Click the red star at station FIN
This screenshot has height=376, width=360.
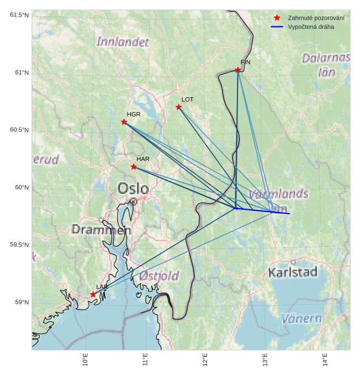click(238, 70)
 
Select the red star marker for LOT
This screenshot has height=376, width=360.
click(179, 107)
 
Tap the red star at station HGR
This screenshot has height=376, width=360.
click(124, 122)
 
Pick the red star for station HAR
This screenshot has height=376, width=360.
click(134, 166)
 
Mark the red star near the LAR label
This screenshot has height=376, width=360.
click(93, 294)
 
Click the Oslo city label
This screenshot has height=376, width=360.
click(133, 189)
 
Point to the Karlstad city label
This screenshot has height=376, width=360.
click(293, 272)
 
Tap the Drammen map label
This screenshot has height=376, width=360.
click(102, 229)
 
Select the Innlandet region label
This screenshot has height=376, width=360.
click(123, 41)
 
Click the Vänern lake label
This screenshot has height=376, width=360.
click(301, 318)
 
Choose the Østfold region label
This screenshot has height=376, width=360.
click(159, 276)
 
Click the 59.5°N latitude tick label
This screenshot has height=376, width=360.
click(20, 245)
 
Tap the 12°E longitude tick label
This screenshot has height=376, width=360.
click(205, 360)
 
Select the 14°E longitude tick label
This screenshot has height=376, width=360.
click(325, 360)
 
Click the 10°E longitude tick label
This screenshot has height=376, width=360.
click(86, 360)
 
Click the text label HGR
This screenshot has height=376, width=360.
click(134, 114)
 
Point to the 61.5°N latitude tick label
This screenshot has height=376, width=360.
click(20, 15)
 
